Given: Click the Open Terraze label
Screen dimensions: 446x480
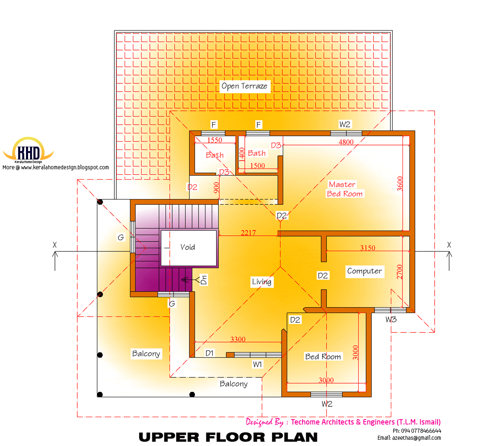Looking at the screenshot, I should [x=244, y=86].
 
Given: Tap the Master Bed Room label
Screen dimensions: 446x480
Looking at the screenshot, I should [x=344, y=189].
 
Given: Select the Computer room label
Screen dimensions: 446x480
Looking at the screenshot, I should [x=364, y=271].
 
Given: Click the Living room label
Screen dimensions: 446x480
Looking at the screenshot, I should [x=262, y=282].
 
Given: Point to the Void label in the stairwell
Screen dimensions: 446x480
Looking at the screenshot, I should [x=187, y=247].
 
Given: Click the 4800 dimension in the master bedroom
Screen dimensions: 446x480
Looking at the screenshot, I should [x=346, y=142].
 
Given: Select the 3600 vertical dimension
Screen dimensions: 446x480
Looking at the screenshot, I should [x=400, y=184].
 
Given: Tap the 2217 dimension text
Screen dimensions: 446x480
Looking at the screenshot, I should [x=248, y=233].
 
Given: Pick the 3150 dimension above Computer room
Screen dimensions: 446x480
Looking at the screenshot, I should [x=367, y=248].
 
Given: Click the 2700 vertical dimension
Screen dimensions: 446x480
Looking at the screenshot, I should [x=400, y=272].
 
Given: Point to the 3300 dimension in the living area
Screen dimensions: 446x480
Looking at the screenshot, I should [x=238, y=339].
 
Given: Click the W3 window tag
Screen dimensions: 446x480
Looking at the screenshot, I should [x=391, y=319].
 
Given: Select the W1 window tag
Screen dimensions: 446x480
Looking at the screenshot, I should [x=258, y=364].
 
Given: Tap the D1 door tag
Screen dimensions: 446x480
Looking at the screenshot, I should [x=210, y=353].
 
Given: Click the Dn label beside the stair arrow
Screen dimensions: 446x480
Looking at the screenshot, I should [x=204, y=280].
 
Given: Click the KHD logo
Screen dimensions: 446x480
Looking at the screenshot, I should [x=28, y=151].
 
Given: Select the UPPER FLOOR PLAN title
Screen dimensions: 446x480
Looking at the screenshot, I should [x=228, y=437].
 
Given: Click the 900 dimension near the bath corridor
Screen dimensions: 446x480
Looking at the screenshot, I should [x=216, y=187].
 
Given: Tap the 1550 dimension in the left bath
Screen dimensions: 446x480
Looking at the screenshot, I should [x=214, y=140].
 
